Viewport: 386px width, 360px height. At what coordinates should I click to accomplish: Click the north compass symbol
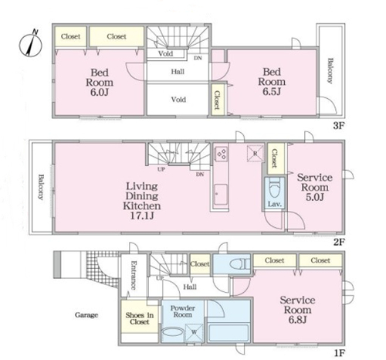tap(31, 44)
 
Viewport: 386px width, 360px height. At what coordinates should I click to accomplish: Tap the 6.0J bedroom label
tap(100, 82)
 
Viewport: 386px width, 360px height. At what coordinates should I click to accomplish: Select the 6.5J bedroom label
tap(272, 81)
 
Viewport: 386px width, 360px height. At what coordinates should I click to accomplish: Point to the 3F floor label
tap(338, 126)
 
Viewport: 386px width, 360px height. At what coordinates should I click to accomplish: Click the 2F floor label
tap(339, 242)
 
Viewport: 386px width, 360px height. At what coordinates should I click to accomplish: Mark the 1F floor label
tap(339, 352)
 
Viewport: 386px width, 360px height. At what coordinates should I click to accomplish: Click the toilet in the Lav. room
tap(275, 188)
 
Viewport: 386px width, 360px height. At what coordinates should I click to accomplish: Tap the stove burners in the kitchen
tap(222, 154)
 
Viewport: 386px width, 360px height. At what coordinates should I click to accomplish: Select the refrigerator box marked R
tap(256, 154)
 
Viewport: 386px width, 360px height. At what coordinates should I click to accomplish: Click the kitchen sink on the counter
tap(221, 195)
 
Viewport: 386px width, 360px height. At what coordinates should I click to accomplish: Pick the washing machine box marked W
tap(194, 332)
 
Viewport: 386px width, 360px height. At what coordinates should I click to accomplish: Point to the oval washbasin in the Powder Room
tap(173, 331)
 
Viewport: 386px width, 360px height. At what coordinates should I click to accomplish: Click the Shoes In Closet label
tap(140, 318)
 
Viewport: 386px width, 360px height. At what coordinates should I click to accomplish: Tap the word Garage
tap(86, 315)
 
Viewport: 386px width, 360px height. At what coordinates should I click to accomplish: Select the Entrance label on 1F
tap(134, 275)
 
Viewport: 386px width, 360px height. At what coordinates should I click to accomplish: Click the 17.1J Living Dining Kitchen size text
tap(142, 216)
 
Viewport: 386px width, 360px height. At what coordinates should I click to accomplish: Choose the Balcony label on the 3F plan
tap(330, 70)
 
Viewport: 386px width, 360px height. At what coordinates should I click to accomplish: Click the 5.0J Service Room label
tap(314, 187)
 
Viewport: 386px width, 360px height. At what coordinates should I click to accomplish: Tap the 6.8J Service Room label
tap(297, 310)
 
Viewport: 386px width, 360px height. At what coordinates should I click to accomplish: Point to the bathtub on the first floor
tap(229, 333)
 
